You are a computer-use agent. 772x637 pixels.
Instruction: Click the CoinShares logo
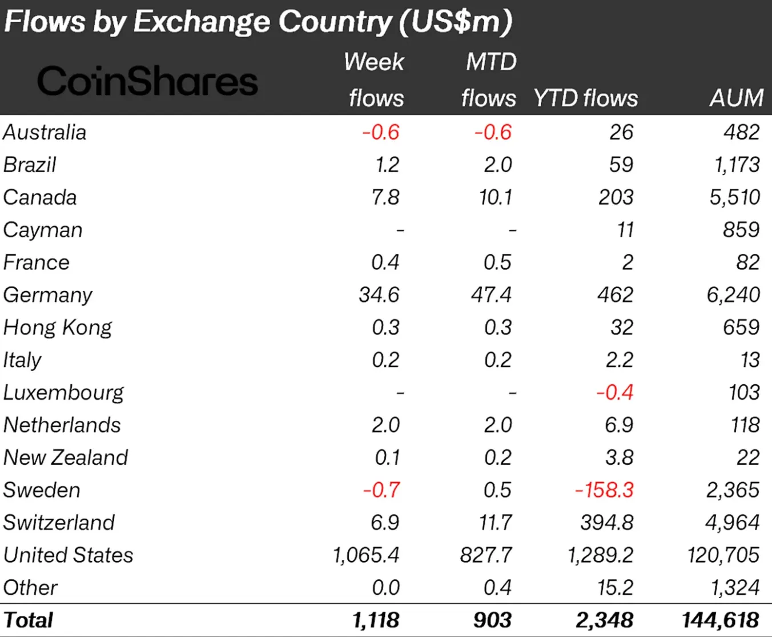(x=147, y=81)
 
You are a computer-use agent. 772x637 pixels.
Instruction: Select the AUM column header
(x=736, y=98)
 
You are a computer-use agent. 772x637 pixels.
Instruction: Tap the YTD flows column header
(x=585, y=98)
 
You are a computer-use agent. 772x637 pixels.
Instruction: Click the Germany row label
(x=47, y=295)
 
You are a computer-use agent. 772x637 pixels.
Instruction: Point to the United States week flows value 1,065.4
(x=366, y=555)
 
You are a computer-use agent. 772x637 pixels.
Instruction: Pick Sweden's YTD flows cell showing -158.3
(x=604, y=490)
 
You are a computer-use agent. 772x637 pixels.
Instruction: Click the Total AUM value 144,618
(x=720, y=620)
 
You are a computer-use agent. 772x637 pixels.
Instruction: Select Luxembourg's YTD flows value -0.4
(x=614, y=392)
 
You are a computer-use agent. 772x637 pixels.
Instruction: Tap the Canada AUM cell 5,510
(x=734, y=197)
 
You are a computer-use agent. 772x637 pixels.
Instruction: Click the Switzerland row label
(x=59, y=523)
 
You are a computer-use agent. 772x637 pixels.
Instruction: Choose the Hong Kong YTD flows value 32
(x=621, y=328)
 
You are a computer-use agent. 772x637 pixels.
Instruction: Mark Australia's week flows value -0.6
(x=381, y=132)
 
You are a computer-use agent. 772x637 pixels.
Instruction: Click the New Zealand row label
(x=66, y=457)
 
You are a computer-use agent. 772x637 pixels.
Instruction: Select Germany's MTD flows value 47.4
(x=491, y=295)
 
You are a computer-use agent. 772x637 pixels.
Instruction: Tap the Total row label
(x=28, y=620)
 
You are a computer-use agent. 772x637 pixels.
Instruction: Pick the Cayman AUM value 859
(x=741, y=230)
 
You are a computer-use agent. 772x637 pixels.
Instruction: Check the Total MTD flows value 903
(x=492, y=620)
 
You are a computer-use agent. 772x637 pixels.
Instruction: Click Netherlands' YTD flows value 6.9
(x=619, y=425)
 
